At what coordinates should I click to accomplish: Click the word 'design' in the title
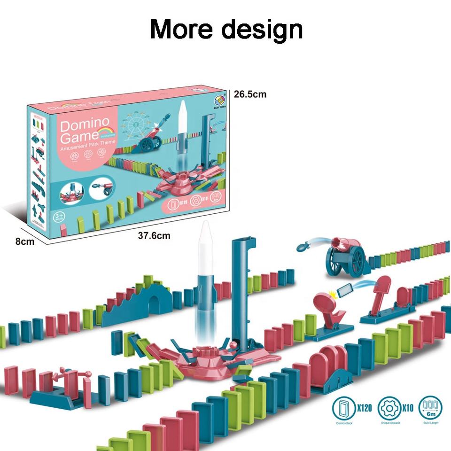coord(262,30)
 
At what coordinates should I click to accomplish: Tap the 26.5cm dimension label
coord(250,94)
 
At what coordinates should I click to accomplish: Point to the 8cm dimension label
coord(25,242)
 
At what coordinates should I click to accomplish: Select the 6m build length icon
coord(430,407)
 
